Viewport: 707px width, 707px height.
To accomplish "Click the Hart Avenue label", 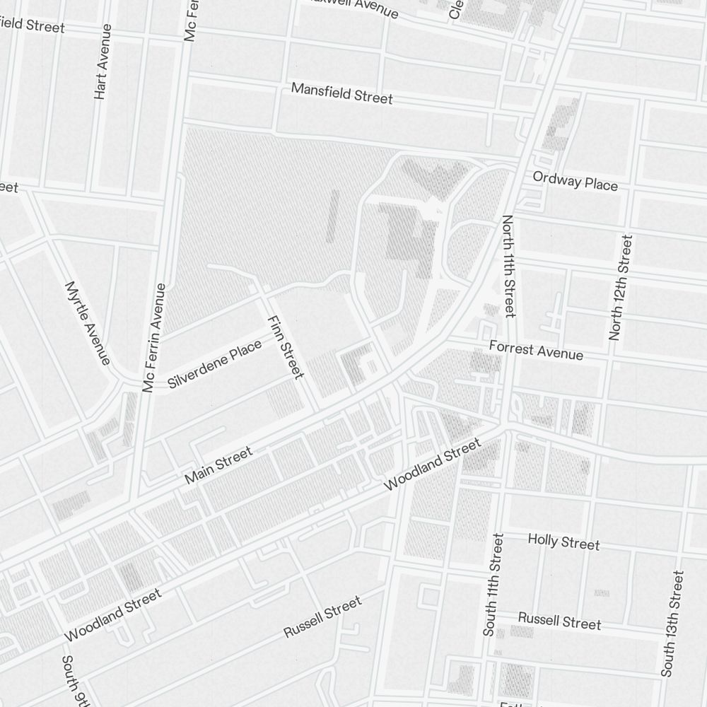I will (103, 62).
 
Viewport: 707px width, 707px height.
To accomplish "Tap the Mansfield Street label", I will (341, 93).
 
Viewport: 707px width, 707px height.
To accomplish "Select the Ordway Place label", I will (575, 181).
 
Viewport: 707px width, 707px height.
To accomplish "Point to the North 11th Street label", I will (508, 266).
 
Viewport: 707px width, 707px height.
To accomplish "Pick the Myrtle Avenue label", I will (87, 323).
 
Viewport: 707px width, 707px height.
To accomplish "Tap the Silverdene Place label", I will (215, 364).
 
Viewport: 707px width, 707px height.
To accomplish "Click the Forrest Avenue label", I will (536, 350).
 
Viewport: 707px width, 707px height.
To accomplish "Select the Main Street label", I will (218, 466).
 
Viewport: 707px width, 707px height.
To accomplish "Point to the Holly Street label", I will (563, 542).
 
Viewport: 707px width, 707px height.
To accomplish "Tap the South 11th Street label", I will (493, 585).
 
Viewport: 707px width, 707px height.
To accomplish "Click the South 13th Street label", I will (672, 624).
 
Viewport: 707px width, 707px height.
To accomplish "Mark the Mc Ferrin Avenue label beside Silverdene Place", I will (154, 337).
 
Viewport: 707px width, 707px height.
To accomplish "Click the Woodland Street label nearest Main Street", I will (431, 464).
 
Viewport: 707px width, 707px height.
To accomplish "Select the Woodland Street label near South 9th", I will (113, 614).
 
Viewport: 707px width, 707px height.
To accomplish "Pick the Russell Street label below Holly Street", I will (559, 620).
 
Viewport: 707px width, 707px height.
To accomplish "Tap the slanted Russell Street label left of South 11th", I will (322, 617).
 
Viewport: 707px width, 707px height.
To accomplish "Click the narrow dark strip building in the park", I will (332, 216).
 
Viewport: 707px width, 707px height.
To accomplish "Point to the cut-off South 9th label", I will (76, 682).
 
